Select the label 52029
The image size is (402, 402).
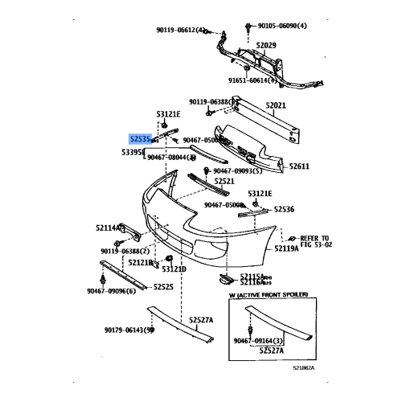tap(266, 45)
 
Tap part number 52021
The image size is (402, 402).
tap(276, 105)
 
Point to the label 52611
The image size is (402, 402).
tap(299, 166)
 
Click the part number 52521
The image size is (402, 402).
tap(224, 182)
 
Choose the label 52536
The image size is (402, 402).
tap(284, 209)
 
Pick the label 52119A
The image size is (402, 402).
tap(286, 248)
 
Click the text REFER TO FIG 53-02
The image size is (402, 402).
tap(314, 241)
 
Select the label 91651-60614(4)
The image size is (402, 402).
tap(253, 80)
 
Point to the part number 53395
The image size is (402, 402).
tap(133, 151)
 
